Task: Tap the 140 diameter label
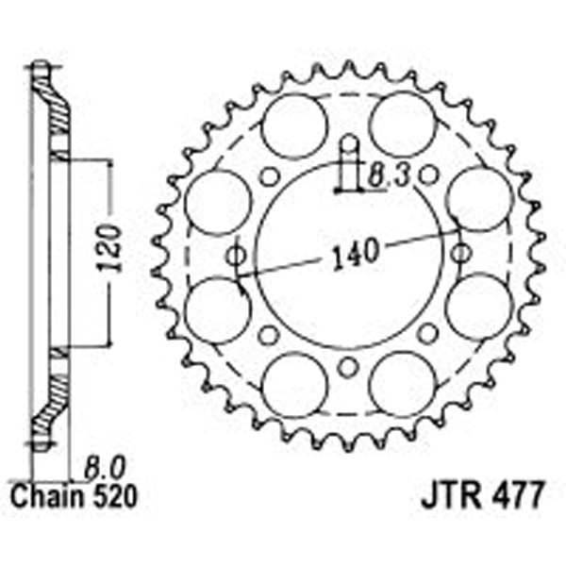coord(353,251)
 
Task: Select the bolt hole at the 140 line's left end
coord(237,255)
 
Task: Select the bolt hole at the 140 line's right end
coord(460,253)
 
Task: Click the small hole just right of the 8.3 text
coord(429,175)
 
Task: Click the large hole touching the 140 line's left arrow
coord(217,310)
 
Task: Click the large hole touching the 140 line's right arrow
coord(478,200)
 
